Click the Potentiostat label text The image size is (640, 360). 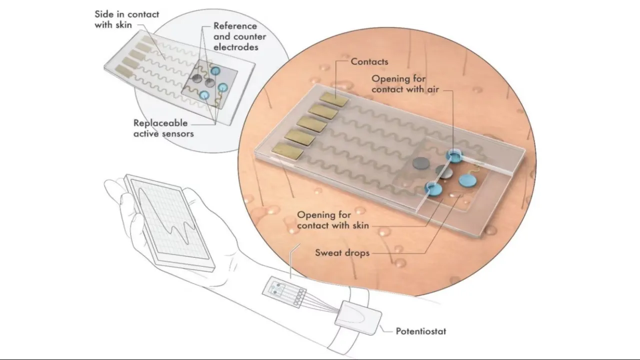(x=420, y=331)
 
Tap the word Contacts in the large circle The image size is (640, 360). (x=369, y=61)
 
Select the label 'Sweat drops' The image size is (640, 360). (x=342, y=252)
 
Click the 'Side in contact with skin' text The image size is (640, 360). (x=126, y=19)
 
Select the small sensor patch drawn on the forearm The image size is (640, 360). (x=283, y=292)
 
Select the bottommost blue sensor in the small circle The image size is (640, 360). (x=204, y=95)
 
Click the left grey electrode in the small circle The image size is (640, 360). (x=198, y=79)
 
